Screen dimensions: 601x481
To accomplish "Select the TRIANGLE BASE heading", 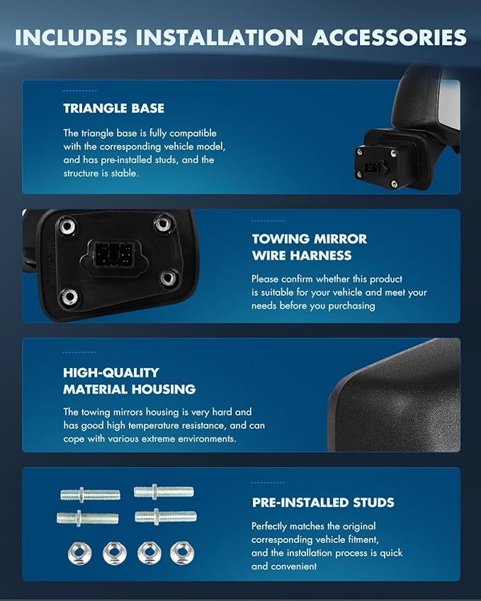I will (x=113, y=108).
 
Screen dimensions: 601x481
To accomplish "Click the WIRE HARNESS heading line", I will (x=301, y=255).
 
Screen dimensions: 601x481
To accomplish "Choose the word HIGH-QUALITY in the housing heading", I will (x=111, y=372).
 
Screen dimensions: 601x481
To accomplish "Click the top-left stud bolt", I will (x=89, y=494).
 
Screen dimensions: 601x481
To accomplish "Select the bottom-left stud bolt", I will (x=87, y=517).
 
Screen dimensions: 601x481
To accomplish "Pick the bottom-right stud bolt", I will (x=165, y=516).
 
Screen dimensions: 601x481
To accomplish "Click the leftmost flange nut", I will (x=79, y=552).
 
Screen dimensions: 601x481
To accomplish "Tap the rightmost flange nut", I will (x=181, y=552).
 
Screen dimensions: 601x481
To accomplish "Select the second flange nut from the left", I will (x=113, y=552).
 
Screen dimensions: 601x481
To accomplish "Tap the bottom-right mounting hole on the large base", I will (x=168, y=278).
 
